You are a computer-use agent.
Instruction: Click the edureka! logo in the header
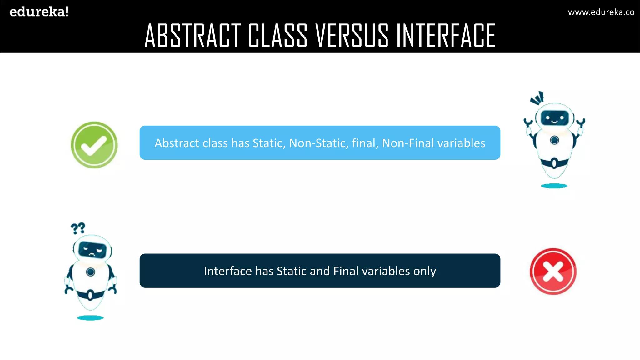click(x=39, y=12)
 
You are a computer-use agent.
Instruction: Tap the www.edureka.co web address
click(x=601, y=12)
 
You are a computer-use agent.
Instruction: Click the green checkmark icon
click(x=94, y=145)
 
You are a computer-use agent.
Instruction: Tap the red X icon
click(x=553, y=271)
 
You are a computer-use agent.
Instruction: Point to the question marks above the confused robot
click(x=78, y=228)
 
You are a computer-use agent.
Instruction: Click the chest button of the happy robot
click(x=554, y=140)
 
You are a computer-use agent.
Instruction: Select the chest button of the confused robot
click(x=91, y=272)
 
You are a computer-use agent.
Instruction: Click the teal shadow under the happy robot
click(x=554, y=186)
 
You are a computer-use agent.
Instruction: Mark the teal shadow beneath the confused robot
click(x=90, y=318)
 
